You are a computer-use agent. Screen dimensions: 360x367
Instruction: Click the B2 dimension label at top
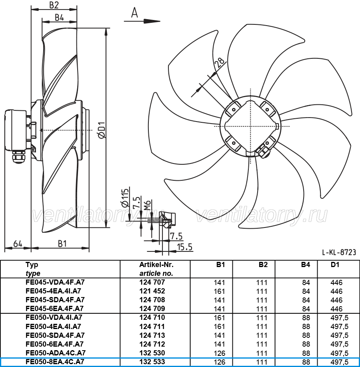tap(54, 5)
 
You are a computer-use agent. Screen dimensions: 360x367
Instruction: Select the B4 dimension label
tap(59, 17)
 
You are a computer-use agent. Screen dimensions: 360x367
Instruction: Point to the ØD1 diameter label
tap(102, 130)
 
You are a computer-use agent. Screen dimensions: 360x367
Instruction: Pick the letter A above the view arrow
tap(134, 12)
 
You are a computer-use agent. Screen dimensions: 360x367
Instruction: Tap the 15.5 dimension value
tap(184, 247)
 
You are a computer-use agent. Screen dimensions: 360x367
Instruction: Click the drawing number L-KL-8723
tap(339, 252)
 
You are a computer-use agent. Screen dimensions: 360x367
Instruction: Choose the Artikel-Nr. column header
tap(156, 265)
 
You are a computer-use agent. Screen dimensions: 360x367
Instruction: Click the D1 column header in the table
tap(335, 265)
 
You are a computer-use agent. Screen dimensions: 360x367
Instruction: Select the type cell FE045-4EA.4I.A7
tap(54, 291)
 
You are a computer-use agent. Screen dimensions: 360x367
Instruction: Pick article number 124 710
tap(152, 317)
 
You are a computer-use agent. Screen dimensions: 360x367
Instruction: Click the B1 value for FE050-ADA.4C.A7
tap(220, 353)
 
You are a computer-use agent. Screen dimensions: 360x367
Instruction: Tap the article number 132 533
tap(152, 362)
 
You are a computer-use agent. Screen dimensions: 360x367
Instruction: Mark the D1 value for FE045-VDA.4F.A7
tap(336, 283)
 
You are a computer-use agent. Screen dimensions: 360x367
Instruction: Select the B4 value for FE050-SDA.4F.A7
tap(306, 335)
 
